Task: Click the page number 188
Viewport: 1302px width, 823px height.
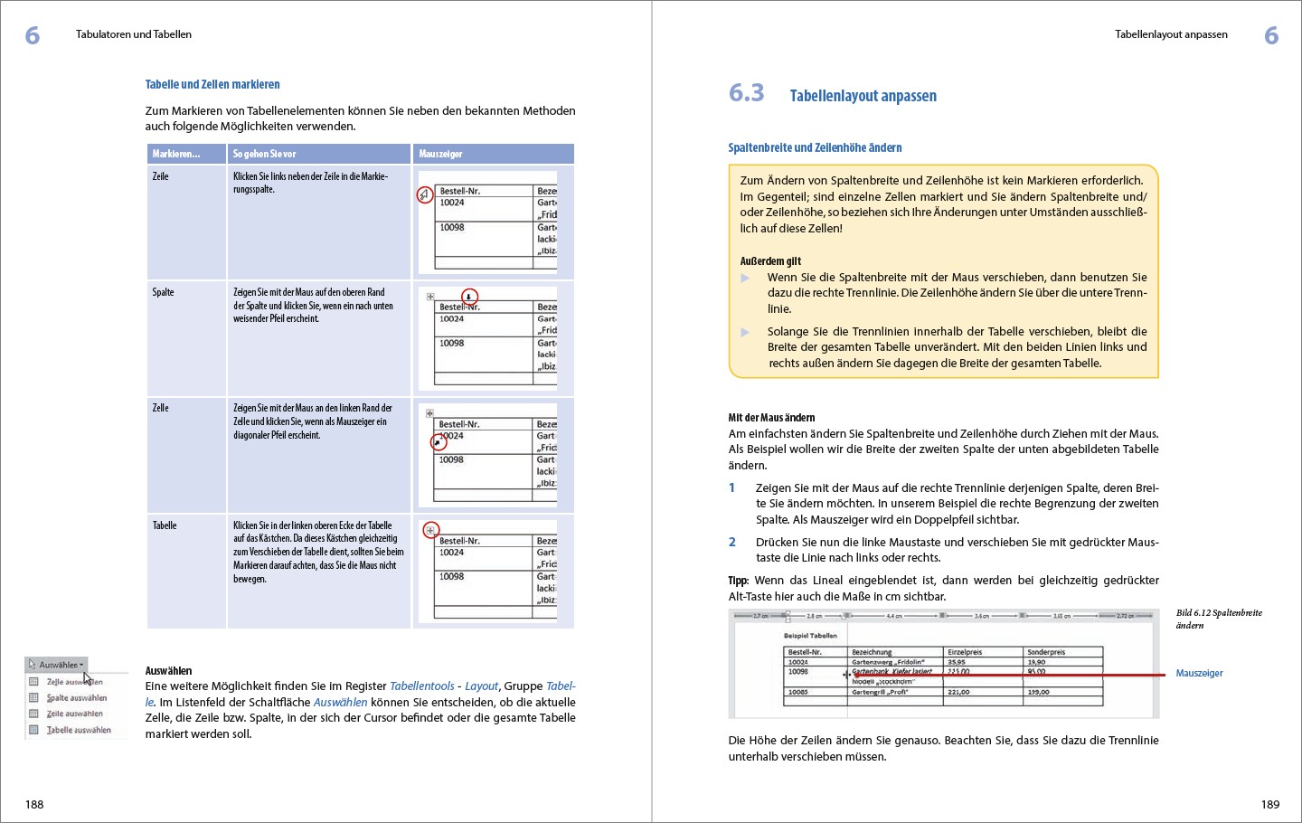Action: pyautogui.click(x=34, y=804)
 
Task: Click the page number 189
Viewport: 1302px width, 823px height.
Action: pyautogui.click(x=1269, y=804)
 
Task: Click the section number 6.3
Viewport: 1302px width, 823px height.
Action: pyautogui.click(x=746, y=93)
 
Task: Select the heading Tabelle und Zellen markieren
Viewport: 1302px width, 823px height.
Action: pyautogui.click(x=212, y=84)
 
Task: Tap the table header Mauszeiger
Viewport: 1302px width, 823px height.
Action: pyautogui.click(x=440, y=154)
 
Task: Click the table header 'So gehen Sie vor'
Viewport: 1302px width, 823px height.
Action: pyautogui.click(x=264, y=154)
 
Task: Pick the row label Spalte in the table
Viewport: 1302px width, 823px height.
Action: pyautogui.click(x=163, y=292)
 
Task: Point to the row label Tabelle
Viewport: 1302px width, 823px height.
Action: pyautogui.click(x=165, y=525)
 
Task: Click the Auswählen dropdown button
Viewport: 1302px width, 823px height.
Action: pyautogui.click(x=57, y=665)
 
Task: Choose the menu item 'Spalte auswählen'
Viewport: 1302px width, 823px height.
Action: pyautogui.click(x=76, y=698)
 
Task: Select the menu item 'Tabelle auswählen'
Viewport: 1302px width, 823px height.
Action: pyautogui.click(x=79, y=730)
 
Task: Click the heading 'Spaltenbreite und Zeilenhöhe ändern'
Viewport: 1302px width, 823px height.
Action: pyautogui.click(x=815, y=147)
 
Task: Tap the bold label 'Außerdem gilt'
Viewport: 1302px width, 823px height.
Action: pyautogui.click(x=770, y=261)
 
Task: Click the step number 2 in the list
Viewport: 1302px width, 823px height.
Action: pyautogui.click(x=732, y=542)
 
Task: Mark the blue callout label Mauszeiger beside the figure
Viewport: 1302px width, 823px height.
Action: pyautogui.click(x=1199, y=673)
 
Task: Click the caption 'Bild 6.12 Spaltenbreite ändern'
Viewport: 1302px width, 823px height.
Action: pyautogui.click(x=1218, y=619)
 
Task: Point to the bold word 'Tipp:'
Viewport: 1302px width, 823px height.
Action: pyautogui.click(x=739, y=581)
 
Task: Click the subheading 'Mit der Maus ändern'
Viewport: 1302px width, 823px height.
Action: pyautogui.click(x=771, y=418)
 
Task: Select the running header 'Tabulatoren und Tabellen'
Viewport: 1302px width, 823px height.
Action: pyautogui.click(x=134, y=34)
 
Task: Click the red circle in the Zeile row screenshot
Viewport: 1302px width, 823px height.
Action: pyautogui.click(x=425, y=194)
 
